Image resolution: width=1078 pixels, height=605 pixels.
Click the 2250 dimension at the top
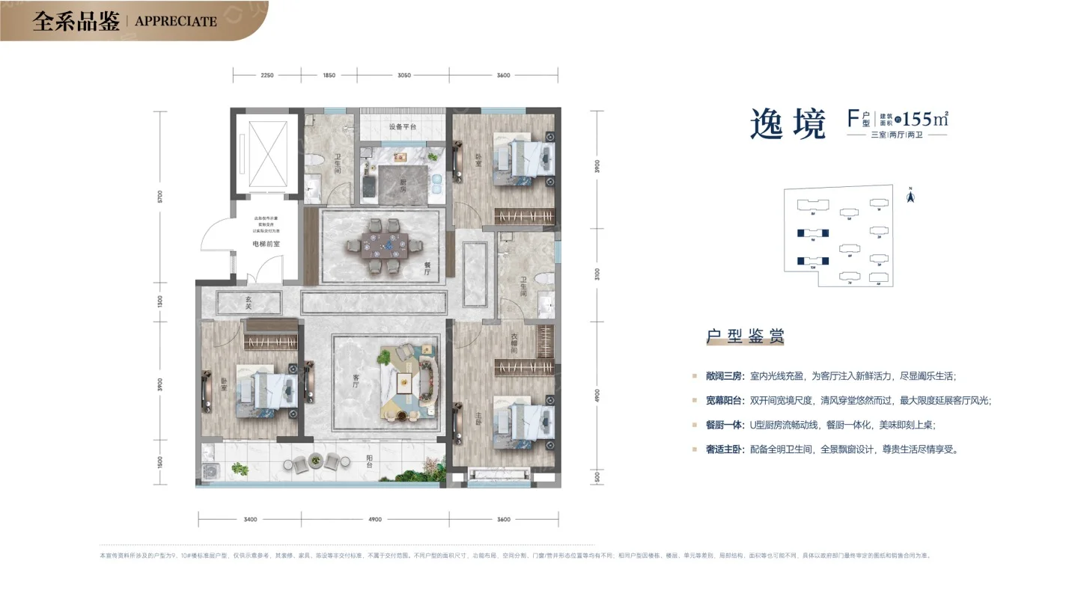click(x=267, y=76)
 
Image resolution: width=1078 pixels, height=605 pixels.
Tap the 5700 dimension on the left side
click(x=160, y=197)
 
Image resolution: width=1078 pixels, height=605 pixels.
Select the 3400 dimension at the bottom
click(x=250, y=520)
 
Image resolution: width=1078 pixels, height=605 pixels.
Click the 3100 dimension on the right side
click(x=597, y=273)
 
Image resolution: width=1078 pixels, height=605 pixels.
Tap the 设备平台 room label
click(x=402, y=127)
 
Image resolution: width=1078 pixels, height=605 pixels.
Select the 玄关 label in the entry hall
click(x=248, y=303)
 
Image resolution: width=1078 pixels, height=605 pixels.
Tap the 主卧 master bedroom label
click(x=478, y=418)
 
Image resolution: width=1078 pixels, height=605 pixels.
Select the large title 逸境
click(x=788, y=124)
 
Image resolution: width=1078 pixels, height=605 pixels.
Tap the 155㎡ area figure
click(x=925, y=120)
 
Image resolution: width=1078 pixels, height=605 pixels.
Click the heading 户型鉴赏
click(x=744, y=337)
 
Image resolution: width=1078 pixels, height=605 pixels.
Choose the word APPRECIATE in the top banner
click(x=176, y=22)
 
